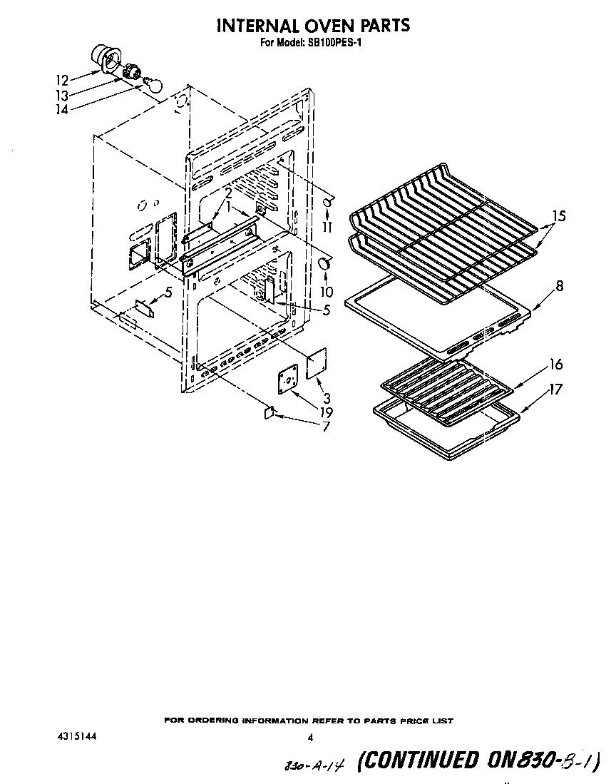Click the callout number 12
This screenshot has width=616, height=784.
63,79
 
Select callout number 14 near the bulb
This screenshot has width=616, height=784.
63,110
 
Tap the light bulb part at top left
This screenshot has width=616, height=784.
152,84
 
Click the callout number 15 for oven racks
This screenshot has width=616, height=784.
559,215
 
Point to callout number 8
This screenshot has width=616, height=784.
559,287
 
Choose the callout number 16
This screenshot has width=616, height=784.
555,365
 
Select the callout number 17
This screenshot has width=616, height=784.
555,390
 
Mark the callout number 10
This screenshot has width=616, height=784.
327,292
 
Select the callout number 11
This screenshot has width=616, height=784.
327,228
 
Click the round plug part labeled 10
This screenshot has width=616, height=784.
324,264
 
